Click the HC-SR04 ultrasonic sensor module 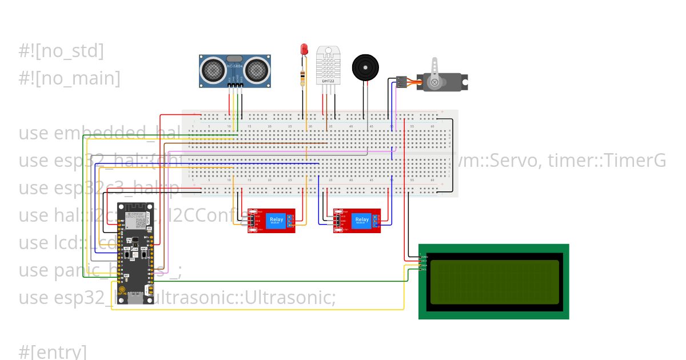pos(235,71)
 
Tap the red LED pos(304,51)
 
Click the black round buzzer pos(365,67)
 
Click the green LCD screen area pos(494,282)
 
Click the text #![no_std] pos(61,51)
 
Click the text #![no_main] pos(69,78)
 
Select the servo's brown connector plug pos(402,82)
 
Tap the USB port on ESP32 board pos(135,298)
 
